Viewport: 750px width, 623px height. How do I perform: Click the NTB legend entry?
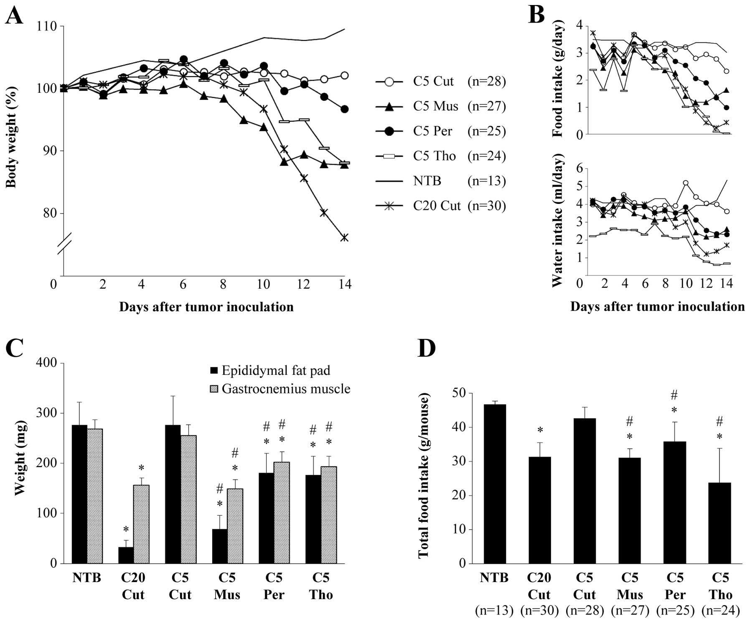(427, 181)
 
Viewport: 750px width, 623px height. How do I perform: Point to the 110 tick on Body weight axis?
(47, 26)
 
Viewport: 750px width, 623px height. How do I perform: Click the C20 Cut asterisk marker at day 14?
(344, 238)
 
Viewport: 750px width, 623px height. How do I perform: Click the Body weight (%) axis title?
(11, 137)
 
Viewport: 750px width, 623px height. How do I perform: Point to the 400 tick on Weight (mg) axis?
(47, 363)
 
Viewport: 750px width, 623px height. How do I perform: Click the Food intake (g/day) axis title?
(558, 78)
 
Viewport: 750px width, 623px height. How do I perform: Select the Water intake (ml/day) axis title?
(558, 221)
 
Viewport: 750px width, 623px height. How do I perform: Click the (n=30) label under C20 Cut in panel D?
(539, 610)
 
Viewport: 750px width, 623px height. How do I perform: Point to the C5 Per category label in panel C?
(274, 586)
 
